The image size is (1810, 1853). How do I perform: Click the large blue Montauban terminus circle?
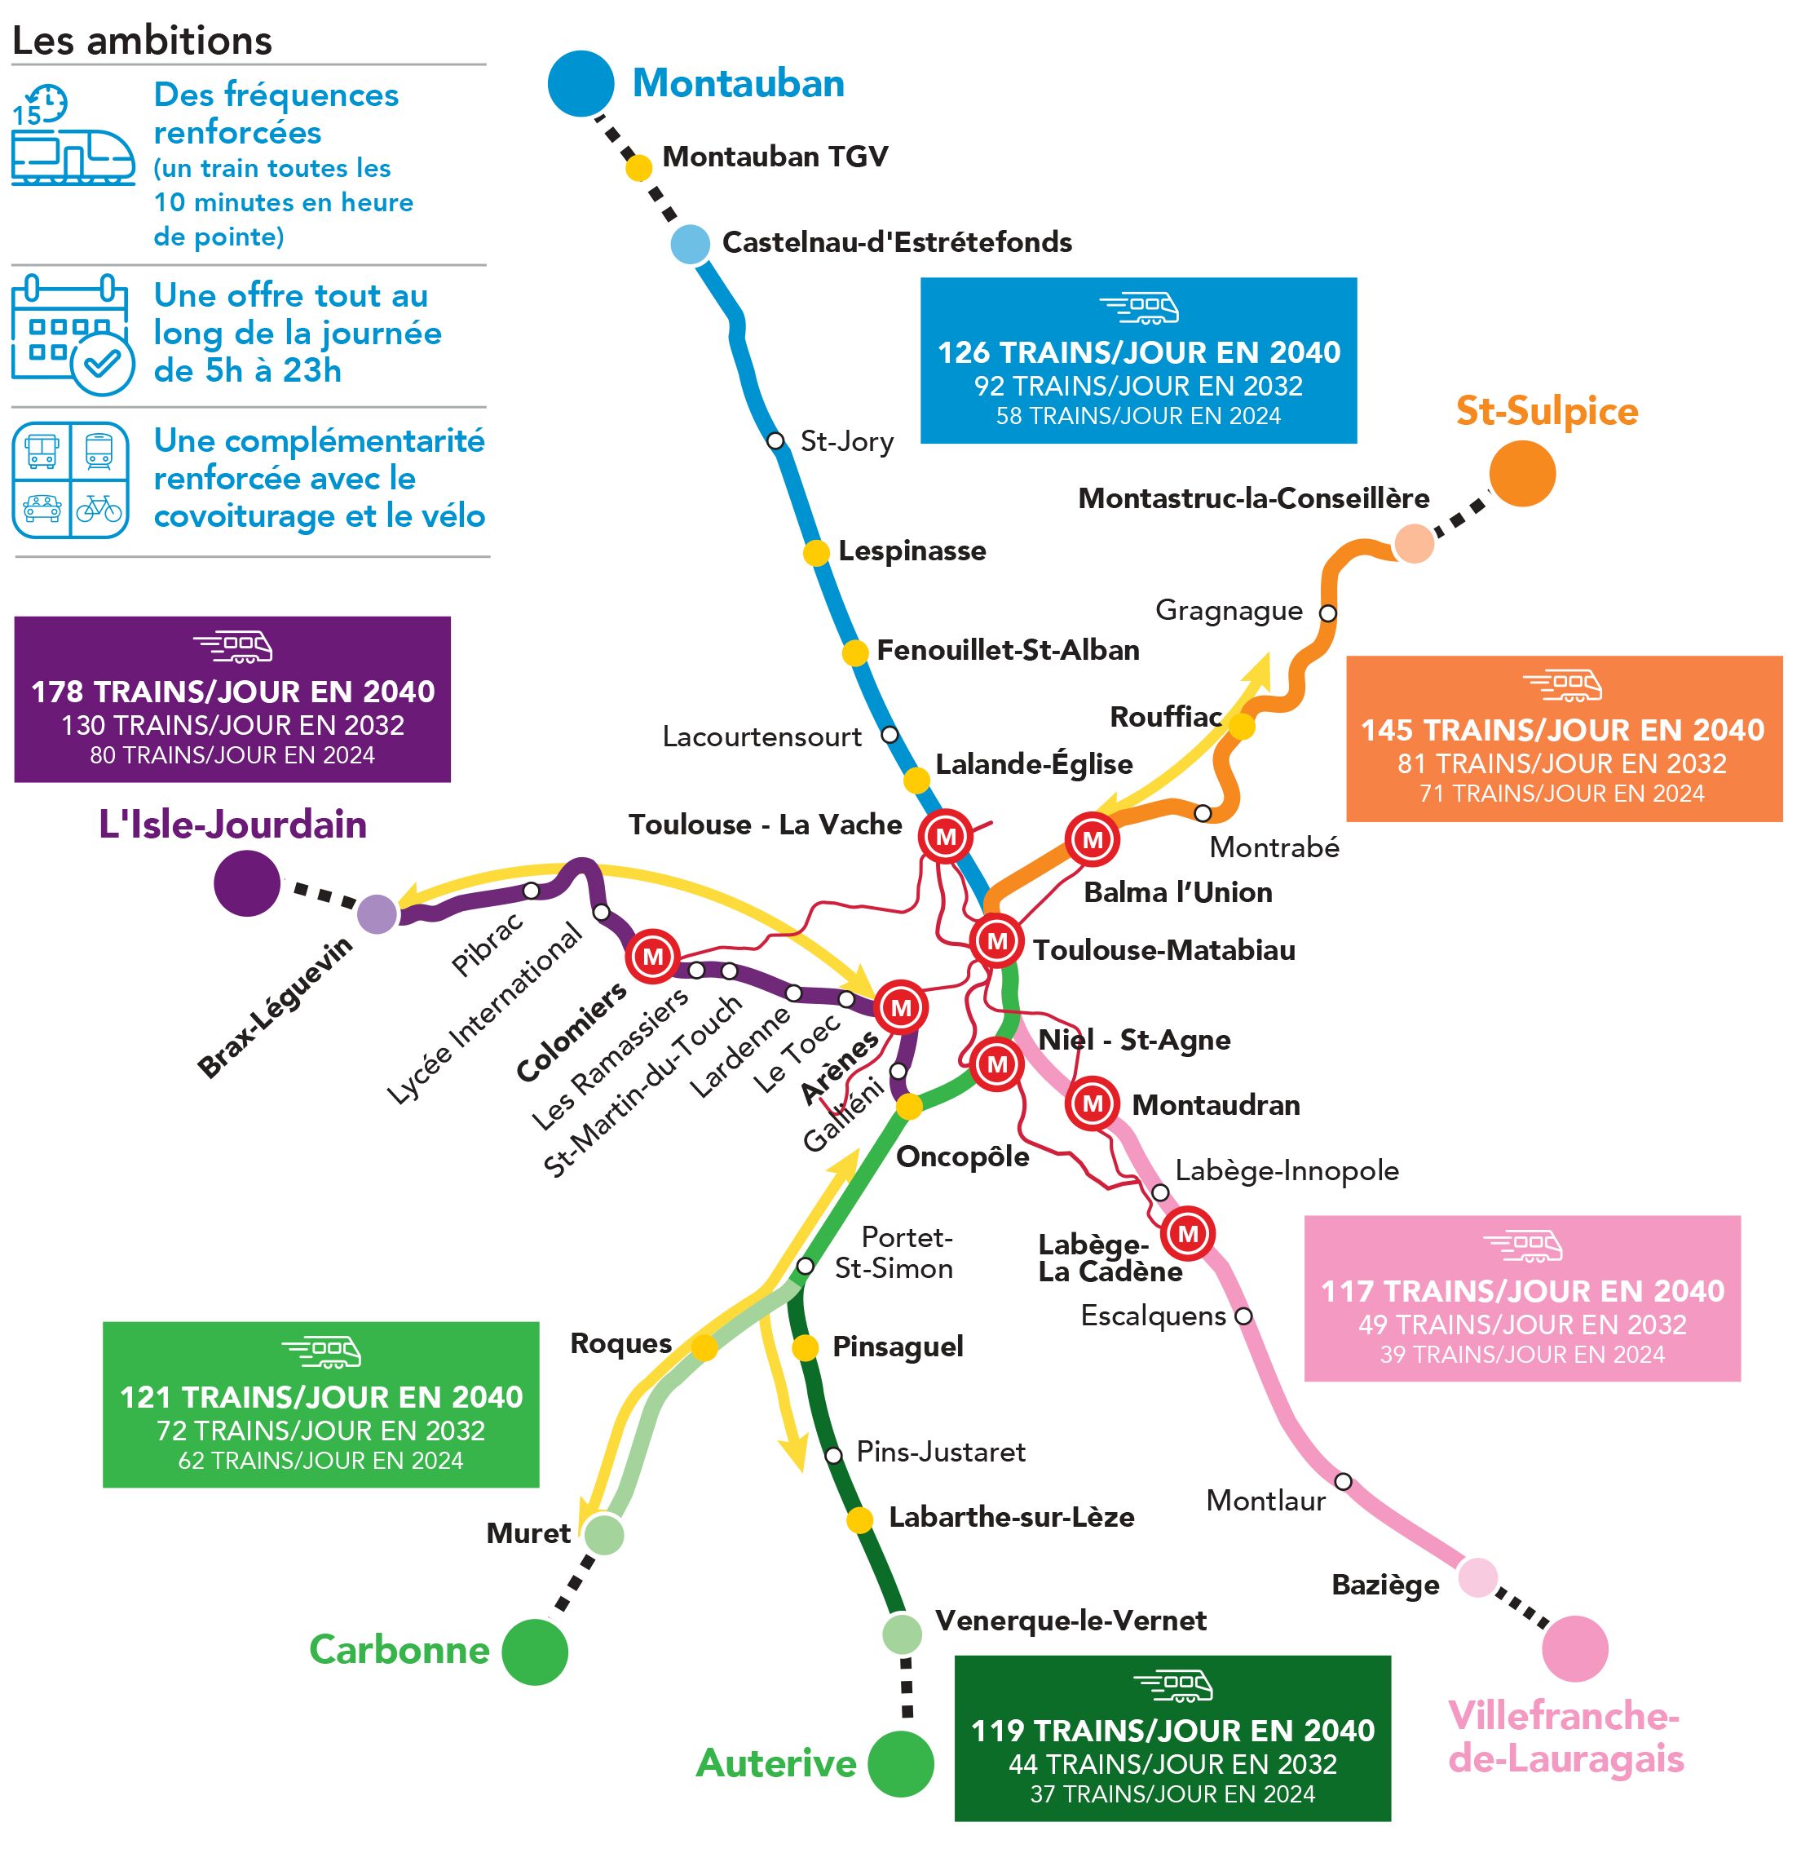580,84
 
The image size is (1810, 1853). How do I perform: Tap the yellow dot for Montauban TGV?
639,167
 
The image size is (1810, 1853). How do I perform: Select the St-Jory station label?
846,441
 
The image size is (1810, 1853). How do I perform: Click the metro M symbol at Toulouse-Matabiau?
996,941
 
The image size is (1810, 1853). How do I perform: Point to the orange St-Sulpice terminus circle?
1521,472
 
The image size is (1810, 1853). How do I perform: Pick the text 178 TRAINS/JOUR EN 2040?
233,691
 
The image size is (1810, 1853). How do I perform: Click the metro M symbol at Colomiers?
652,956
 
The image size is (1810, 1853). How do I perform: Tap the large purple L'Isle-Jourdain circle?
247,883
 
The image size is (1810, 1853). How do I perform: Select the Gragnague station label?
1228,610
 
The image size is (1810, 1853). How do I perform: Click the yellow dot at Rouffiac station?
1241,727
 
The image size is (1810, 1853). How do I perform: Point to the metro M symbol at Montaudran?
1093,1103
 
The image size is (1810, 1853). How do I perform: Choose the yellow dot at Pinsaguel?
806,1347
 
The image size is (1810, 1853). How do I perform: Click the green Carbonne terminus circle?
534,1652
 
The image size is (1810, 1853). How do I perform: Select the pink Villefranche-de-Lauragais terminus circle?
1574,1648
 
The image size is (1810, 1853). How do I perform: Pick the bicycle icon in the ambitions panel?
99,509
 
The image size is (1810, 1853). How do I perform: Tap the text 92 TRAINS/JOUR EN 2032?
1138,386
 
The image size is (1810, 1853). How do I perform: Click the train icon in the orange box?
1562,684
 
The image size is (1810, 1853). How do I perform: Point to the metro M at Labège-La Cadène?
1187,1233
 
